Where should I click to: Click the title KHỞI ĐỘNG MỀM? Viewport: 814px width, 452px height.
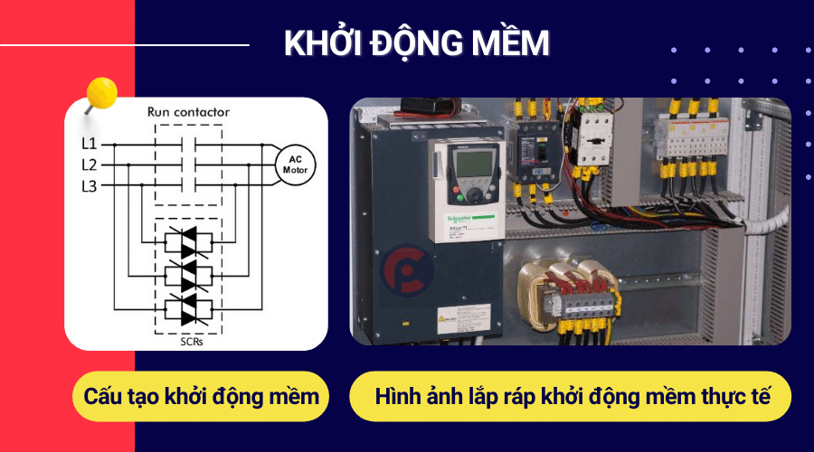click(x=417, y=43)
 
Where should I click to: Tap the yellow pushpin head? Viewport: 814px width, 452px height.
click(x=101, y=93)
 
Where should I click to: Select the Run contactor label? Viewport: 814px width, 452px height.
click(x=188, y=113)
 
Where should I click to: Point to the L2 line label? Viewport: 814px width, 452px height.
click(x=89, y=165)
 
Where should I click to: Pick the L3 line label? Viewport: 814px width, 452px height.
click(x=89, y=185)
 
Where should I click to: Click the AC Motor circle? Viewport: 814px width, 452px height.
click(x=296, y=164)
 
